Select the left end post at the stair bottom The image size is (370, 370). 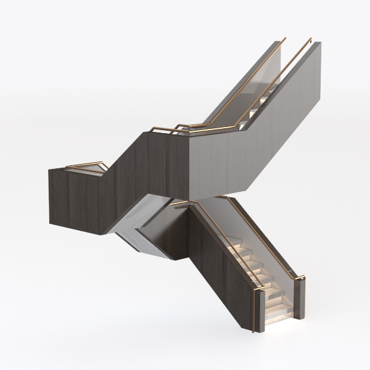pyautogui.click(x=259, y=311)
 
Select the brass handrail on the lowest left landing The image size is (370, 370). pyautogui.click(x=83, y=165)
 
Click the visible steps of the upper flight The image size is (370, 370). pyautogui.click(x=262, y=99)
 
